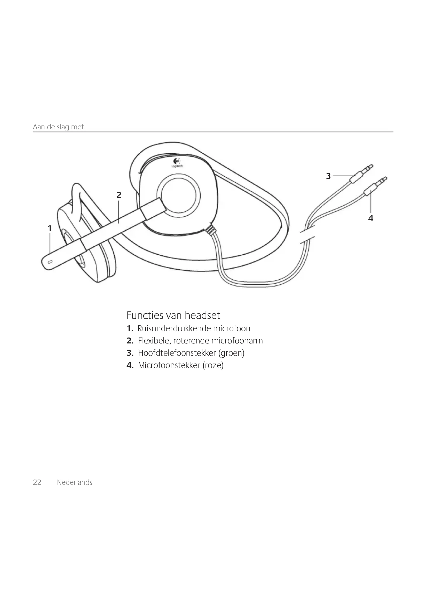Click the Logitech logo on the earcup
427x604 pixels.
coord(177,163)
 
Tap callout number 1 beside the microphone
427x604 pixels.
coord(50,228)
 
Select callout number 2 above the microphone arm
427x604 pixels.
coord(119,195)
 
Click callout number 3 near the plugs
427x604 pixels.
coord(328,176)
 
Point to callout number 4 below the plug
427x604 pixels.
coord(370,218)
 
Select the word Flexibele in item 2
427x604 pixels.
coord(155,341)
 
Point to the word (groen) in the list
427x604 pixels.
coord(231,353)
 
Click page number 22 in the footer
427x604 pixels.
coord(37,482)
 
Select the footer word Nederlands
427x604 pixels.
coord(74,482)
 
